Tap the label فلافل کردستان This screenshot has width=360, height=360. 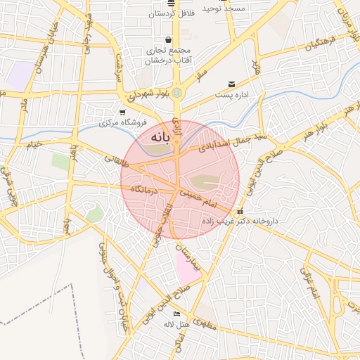[x=171, y=13]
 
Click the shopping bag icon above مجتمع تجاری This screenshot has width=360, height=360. [x=167, y=40]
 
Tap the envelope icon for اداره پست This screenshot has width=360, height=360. [x=231, y=84]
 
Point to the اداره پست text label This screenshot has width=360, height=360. [x=231, y=94]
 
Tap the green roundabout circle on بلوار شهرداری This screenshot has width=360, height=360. [x=176, y=92]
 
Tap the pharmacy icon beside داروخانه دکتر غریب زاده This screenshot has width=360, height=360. [x=240, y=211]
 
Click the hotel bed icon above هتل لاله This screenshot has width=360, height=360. [x=176, y=314]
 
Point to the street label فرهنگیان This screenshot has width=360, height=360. [x=321, y=46]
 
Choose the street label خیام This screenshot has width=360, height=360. [x=34, y=144]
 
